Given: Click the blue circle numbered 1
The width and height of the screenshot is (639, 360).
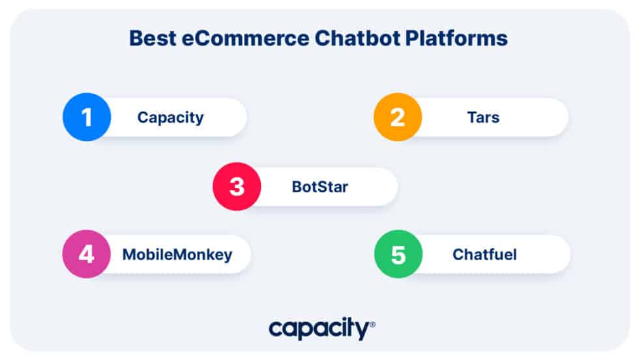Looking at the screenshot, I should (x=87, y=117).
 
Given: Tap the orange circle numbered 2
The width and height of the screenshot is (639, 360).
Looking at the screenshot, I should (x=398, y=117).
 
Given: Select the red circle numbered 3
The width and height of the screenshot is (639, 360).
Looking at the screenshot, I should (x=237, y=187).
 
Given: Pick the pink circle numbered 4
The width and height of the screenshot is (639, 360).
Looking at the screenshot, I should (x=86, y=254).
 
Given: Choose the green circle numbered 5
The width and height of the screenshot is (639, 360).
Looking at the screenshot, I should (x=398, y=254).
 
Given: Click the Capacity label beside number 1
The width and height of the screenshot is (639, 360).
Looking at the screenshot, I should (x=170, y=118).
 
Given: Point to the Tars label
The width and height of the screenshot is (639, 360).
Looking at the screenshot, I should (x=483, y=118).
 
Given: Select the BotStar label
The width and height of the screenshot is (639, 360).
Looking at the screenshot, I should (x=319, y=187).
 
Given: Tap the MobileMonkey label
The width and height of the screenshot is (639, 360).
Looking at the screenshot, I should (x=177, y=255).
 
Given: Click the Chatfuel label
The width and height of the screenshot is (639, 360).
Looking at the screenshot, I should (x=484, y=255).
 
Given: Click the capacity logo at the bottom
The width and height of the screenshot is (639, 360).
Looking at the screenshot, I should (x=319, y=328).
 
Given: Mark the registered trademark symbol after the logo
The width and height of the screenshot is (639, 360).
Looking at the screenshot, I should (x=372, y=323).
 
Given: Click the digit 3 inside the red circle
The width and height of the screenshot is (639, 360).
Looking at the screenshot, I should (x=237, y=187).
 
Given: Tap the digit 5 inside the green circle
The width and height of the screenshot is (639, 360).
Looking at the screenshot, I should (x=398, y=254).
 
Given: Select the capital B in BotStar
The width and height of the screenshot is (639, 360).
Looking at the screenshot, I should (x=297, y=187).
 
